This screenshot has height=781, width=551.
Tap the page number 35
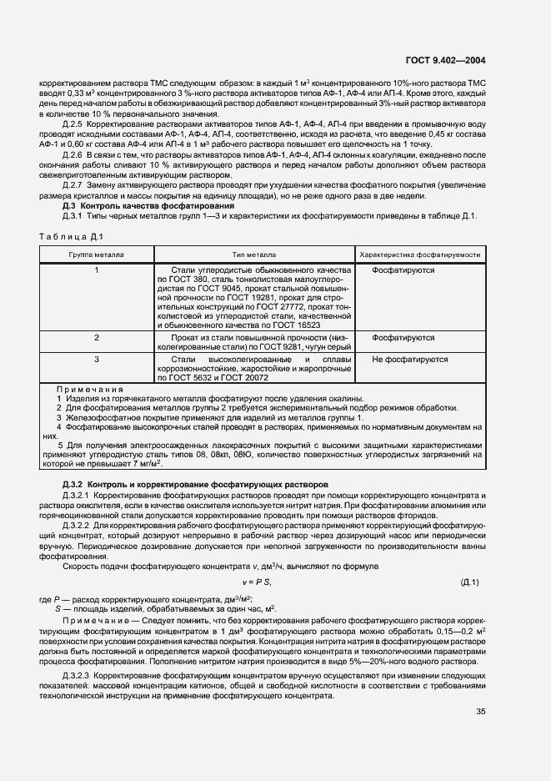480,712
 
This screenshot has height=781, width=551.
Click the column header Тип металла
254,254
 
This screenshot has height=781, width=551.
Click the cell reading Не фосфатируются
409,360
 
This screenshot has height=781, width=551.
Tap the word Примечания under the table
89,389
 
